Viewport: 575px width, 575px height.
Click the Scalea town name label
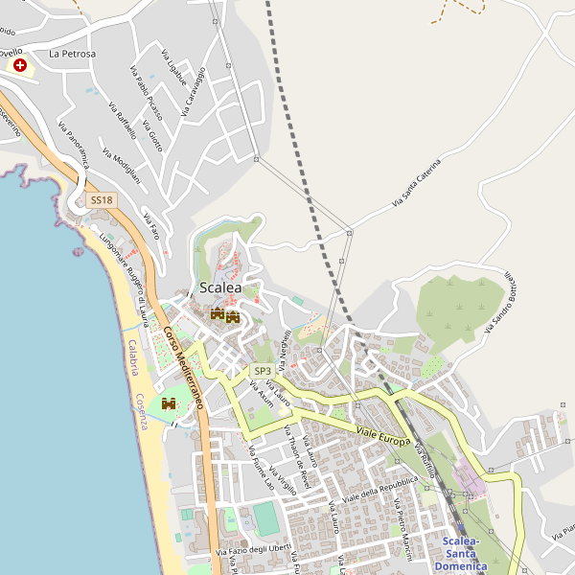point(220,287)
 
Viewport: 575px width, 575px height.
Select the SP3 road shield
point(262,371)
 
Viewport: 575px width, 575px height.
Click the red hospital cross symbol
point(20,65)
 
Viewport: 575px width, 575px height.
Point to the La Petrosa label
point(73,54)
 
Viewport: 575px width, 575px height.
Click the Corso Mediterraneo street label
point(183,368)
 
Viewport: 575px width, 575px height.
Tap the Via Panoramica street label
point(74,145)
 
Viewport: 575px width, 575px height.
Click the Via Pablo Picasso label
point(146,93)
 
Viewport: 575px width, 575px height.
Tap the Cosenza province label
point(141,412)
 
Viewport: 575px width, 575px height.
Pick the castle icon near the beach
point(170,404)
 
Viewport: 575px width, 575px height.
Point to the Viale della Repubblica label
point(379,491)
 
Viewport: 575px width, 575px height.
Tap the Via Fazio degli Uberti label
point(252,549)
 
